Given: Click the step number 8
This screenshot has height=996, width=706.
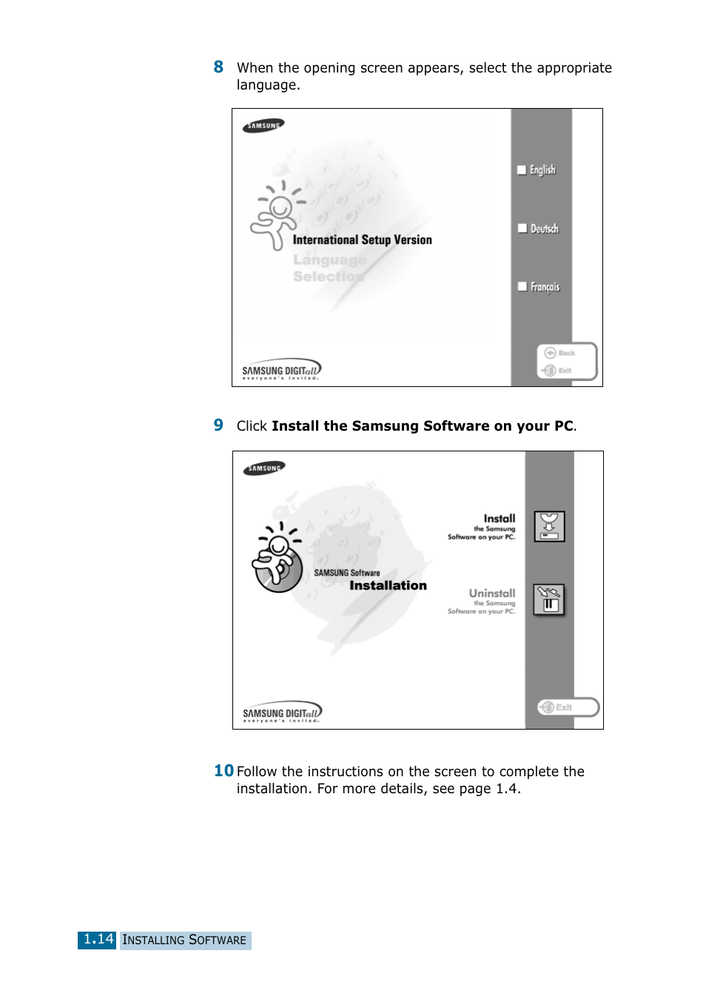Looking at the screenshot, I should pos(218,67).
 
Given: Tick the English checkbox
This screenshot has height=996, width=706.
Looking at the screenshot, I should pos(522,170).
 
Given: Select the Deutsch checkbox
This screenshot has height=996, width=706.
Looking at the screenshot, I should pos(522,229).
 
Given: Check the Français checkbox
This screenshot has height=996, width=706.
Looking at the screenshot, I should pos(522,286).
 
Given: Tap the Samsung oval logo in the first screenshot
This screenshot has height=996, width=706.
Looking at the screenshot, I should pos(263,126).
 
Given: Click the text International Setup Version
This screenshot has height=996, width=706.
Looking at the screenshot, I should pos(362,240).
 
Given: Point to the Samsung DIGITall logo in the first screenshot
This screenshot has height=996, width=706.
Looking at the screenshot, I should pos(281,369).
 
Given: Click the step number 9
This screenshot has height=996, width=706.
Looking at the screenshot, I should pos(218,425).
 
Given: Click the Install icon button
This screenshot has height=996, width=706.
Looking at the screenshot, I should pos(549,526).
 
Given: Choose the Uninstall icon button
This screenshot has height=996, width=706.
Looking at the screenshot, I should pos(549,600).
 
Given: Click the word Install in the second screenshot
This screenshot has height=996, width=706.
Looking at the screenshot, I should pos(500,519).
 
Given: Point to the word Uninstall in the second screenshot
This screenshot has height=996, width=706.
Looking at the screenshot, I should pos(492,593).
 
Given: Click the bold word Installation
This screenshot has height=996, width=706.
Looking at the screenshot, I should pos(388,585).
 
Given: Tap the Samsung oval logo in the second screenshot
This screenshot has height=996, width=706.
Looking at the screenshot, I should pos(264,468).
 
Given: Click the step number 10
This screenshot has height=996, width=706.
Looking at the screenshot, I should pos(223,771).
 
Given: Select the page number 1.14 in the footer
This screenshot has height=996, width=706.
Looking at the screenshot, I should pos(98,940).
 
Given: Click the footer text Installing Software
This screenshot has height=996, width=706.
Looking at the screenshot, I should pos(184,941).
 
